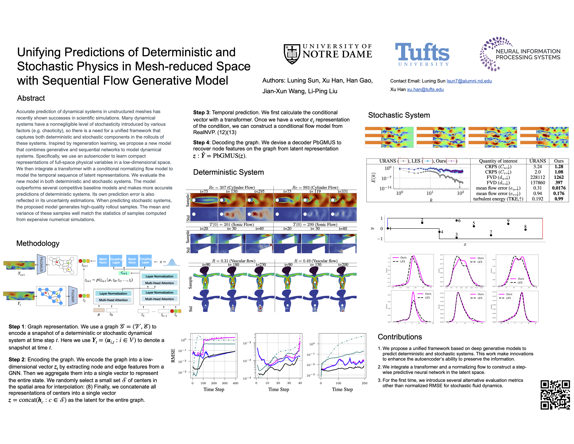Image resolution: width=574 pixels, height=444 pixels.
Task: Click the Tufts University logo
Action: [422, 54]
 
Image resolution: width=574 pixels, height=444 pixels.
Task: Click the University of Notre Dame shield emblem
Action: [292, 54]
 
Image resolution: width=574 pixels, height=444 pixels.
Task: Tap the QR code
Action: [555, 395]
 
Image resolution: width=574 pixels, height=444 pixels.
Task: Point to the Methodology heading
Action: [38, 243]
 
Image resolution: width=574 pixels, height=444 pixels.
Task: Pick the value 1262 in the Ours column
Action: [559, 177]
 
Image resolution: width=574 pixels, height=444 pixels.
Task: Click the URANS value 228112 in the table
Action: [537, 177]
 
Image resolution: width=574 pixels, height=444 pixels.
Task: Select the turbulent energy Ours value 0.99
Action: [559, 199]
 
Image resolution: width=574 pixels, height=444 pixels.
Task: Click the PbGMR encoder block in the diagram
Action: [73, 296]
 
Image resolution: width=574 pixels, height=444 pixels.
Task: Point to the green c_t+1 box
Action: [124, 273]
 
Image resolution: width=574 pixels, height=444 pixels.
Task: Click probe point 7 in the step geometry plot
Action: [491, 235]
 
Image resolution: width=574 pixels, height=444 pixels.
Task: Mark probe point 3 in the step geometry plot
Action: [456, 238]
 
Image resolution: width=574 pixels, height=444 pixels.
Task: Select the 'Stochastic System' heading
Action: [399, 115]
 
